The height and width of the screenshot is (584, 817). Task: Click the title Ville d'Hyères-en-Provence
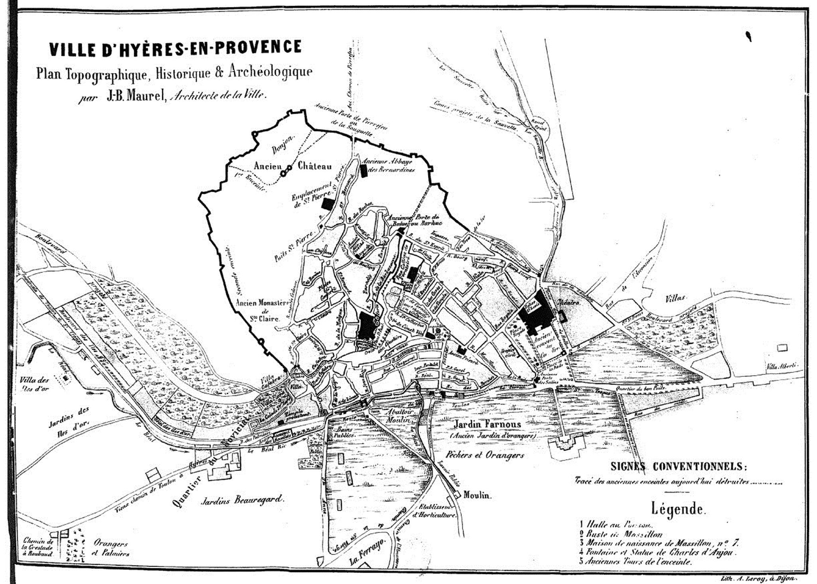coord(175,47)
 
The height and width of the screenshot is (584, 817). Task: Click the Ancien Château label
coord(292,166)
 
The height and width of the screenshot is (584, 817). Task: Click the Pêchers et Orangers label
coord(484,455)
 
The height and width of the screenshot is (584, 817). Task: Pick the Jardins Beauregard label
coord(242,498)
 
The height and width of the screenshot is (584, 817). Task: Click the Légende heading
coord(679,509)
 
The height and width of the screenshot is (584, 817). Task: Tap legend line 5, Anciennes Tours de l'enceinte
coord(636,562)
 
